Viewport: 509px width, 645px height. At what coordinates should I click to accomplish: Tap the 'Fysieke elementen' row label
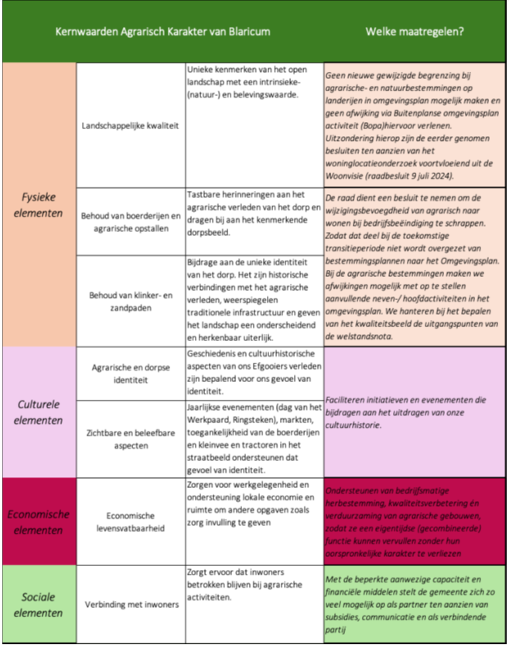tap(38, 205)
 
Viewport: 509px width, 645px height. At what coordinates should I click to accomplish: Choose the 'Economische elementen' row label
tap(38, 522)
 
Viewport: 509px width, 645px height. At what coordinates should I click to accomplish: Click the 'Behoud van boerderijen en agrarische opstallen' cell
tap(131, 220)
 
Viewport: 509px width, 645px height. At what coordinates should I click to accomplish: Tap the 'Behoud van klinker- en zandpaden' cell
tap(131, 301)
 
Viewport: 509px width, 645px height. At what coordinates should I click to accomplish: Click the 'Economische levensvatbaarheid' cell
tap(131, 522)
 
